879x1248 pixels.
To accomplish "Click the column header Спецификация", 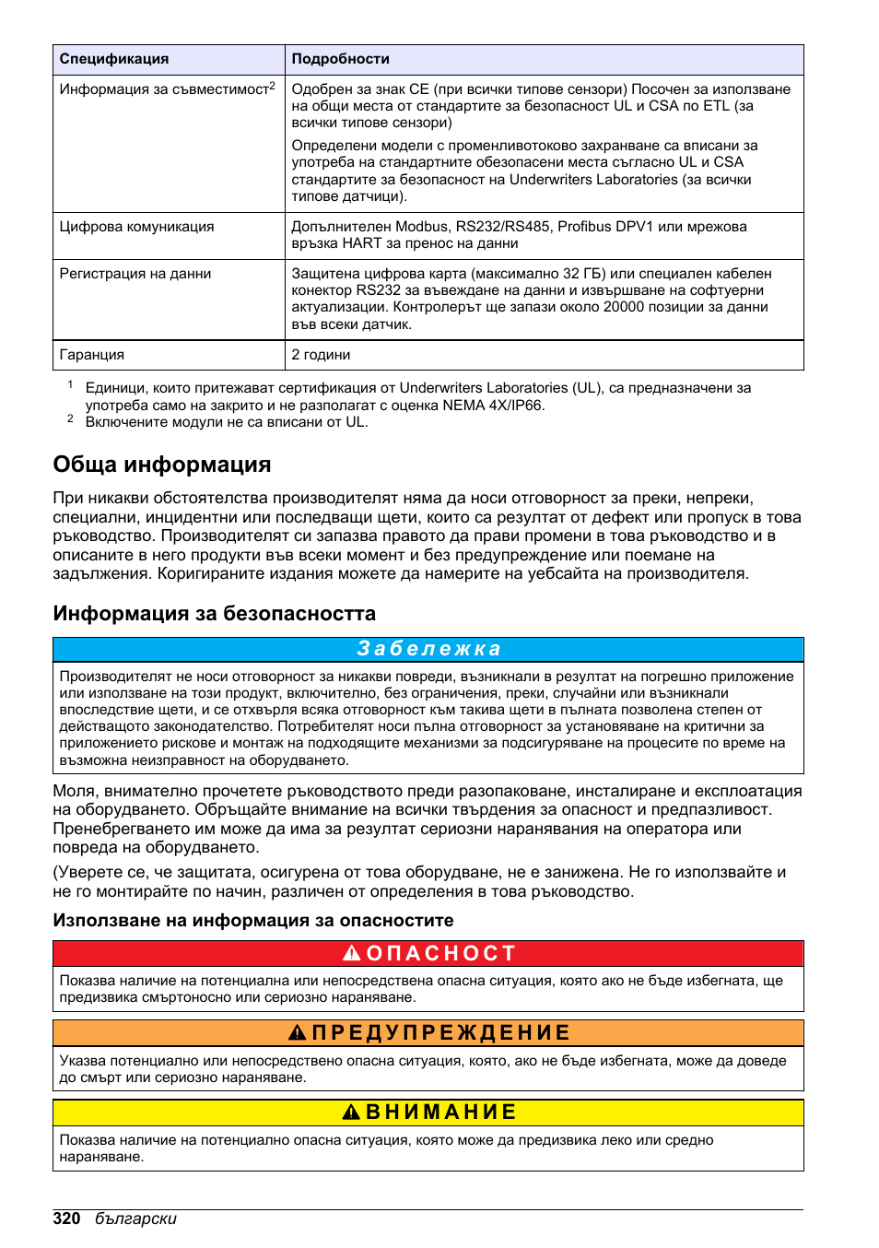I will (x=114, y=59).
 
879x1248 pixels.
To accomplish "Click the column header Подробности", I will (x=340, y=59).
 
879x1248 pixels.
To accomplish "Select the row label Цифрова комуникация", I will (x=136, y=227).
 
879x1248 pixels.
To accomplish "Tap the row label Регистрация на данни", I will (x=135, y=274).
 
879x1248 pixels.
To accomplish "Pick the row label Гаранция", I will (x=92, y=355).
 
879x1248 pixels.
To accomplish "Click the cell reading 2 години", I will (x=321, y=355).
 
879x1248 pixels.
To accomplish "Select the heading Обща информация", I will (x=162, y=465).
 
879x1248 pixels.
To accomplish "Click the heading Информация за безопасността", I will (x=215, y=614).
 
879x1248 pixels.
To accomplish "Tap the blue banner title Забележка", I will (x=428, y=649).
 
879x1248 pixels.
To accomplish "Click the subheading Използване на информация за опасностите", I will (x=253, y=921).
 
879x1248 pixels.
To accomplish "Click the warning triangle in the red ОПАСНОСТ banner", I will (x=352, y=953).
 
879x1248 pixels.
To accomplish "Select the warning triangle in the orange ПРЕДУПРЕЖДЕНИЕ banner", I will (x=297, y=1033).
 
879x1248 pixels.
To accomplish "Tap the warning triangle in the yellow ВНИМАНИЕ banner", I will (x=351, y=1113).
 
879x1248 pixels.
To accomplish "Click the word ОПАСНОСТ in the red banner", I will (x=441, y=953).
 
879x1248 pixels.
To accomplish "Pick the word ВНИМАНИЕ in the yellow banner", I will (x=441, y=1113).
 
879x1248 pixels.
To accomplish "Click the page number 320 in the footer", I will (x=66, y=1219).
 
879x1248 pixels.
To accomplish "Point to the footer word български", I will (x=135, y=1219).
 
